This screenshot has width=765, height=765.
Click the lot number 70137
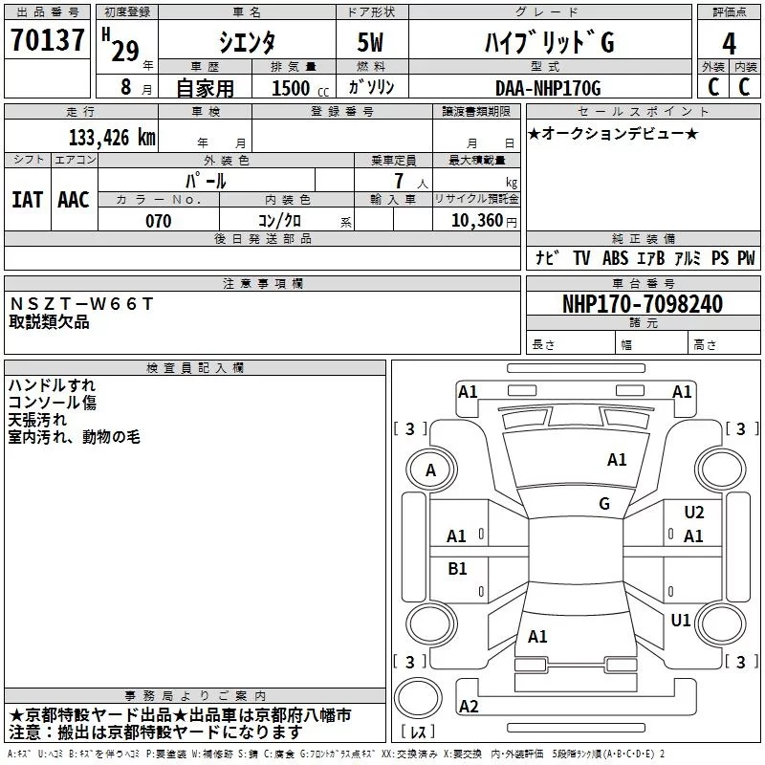pyautogui.click(x=48, y=42)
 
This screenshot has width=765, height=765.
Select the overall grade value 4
pyautogui.click(x=729, y=43)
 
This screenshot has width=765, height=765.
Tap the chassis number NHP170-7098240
pyautogui.click(x=642, y=304)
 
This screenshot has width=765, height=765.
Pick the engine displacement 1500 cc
pyautogui.click(x=292, y=88)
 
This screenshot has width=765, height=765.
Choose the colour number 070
pyautogui.click(x=158, y=221)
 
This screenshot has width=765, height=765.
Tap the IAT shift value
pyautogui.click(x=28, y=199)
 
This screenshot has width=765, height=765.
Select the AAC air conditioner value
pyautogui.click(x=74, y=199)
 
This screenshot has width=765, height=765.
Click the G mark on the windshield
pyautogui.click(x=604, y=503)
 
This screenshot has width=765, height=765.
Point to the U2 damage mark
pyautogui.click(x=694, y=513)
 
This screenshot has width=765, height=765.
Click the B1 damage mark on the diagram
pyautogui.click(x=458, y=569)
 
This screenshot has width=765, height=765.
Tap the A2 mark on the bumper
pyautogui.click(x=470, y=706)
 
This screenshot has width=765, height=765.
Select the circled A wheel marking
pyautogui.click(x=430, y=470)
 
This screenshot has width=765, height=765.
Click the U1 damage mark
pyautogui.click(x=681, y=621)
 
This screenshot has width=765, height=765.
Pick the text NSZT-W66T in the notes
pyautogui.click(x=80, y=304)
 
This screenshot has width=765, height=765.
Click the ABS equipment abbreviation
pyautogui.click(x=615, y=258)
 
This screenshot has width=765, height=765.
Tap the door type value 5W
pyautogui.click(x=371, y=43)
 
